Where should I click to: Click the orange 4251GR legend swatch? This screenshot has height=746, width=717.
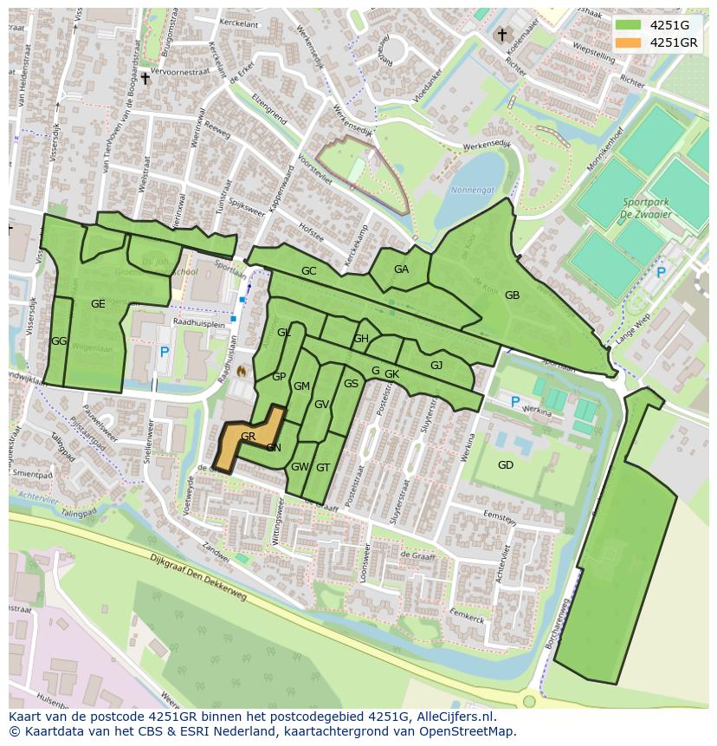629,42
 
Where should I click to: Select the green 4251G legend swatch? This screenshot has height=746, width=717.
629,25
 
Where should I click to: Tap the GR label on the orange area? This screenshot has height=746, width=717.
248,436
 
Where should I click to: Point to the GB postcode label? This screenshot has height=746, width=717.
512,295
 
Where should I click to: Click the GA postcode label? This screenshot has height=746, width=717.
401,269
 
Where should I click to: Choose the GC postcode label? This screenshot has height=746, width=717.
308,271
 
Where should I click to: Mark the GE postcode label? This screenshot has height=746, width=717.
98,303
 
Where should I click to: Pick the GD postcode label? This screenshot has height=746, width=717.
506,465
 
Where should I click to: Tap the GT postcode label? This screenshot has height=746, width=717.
323,467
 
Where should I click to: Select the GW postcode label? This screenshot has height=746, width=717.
300,467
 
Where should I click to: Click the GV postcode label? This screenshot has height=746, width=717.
321,405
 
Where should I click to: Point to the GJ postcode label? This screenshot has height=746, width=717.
436,366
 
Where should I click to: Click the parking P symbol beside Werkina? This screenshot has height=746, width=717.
515,402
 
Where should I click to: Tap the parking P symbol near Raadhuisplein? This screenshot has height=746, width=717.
165,352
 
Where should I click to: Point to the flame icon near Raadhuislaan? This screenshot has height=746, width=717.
242,371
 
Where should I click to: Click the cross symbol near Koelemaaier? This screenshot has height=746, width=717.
501,35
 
